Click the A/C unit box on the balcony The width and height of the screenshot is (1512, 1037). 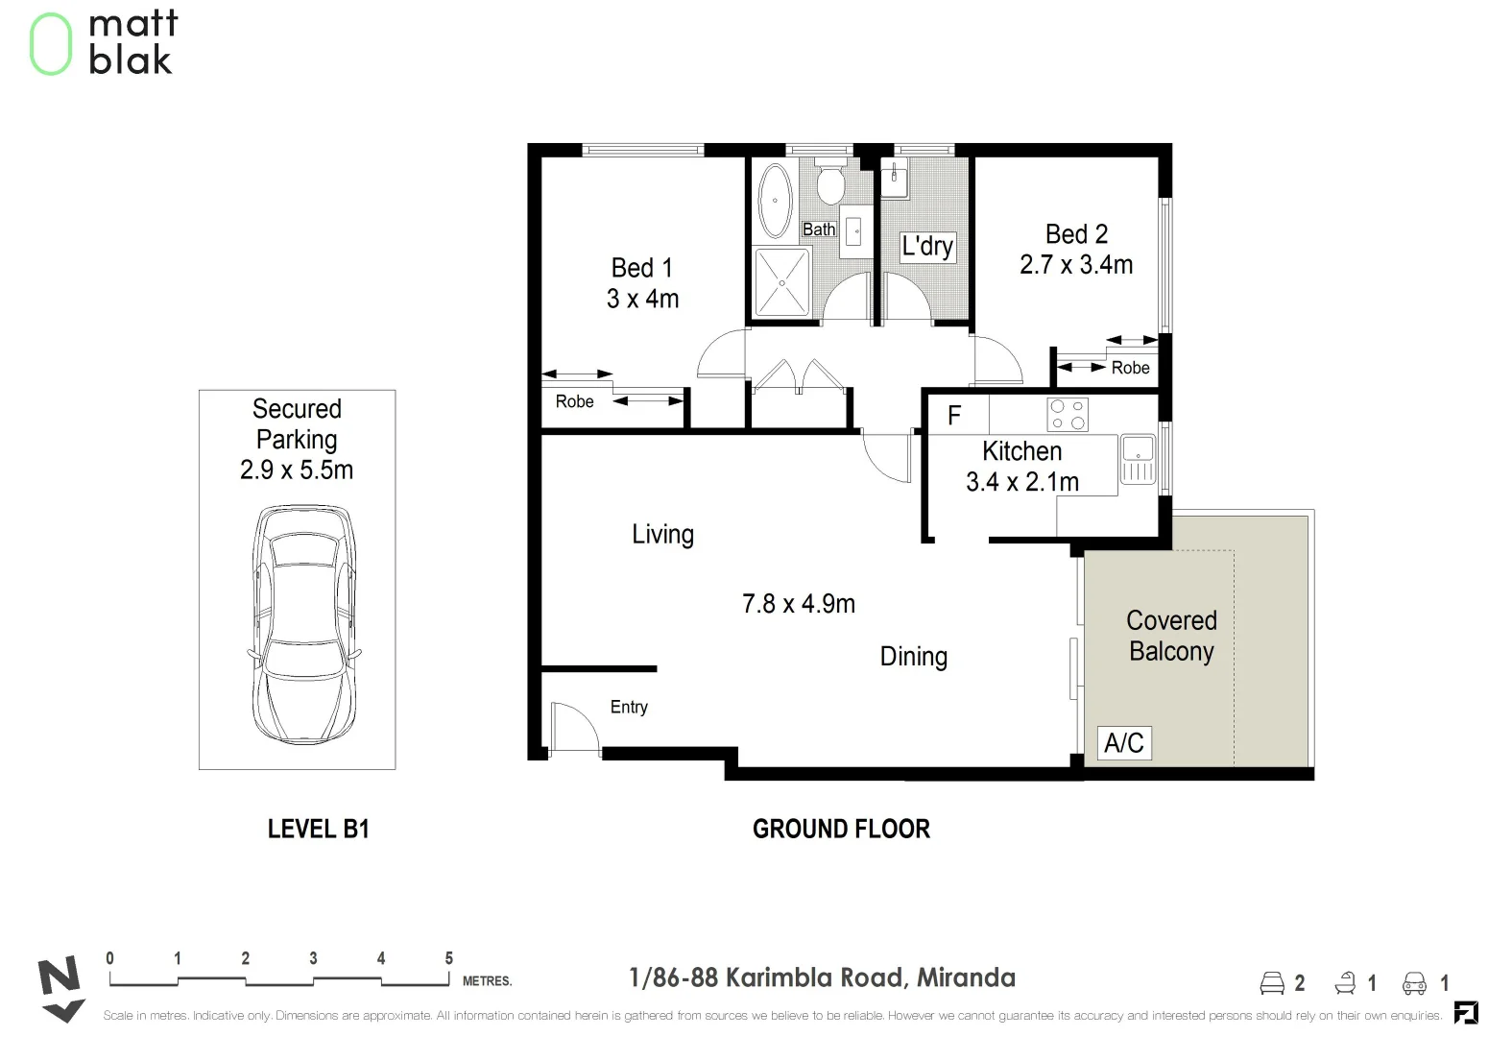click(1124, 742)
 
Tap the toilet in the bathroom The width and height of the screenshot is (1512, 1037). click(830, 181)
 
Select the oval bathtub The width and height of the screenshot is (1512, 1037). click(775, 200)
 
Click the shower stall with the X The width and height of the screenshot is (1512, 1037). click(781, 282)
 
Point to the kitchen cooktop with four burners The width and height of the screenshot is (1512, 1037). click(1068, 414)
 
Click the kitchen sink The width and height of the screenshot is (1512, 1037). click(1138, 460)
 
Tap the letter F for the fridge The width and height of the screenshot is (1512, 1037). click(954, 415)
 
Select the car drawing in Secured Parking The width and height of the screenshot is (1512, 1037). click(303, 624)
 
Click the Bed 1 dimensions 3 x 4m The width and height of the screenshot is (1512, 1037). click(642, 299)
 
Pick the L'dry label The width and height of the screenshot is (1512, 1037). click(927, 247)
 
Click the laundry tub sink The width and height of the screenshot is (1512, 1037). click(895, 179)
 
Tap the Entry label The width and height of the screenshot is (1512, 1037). click(629, 707)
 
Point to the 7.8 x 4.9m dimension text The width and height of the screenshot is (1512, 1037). click(799, 604)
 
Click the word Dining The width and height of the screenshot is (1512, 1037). click(914, 656)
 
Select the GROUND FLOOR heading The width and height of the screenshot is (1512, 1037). click(841, 829)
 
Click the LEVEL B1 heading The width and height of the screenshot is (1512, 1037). click(318, 829)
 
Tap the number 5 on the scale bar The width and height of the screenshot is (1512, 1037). click(449, 958)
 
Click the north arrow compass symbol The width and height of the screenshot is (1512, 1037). click(60, 989)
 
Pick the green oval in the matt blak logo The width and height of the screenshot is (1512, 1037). click(51, 44)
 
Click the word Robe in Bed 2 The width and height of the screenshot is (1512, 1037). click(1130, 368)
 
